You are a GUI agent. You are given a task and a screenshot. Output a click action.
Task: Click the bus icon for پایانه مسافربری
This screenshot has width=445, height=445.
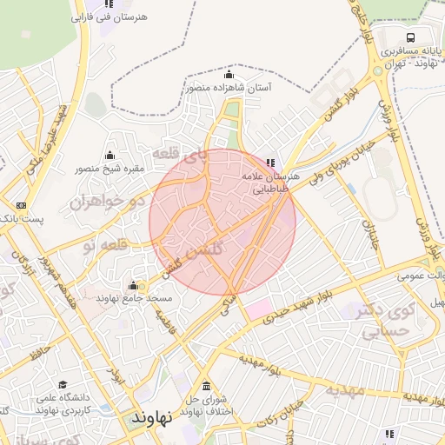[409, 37]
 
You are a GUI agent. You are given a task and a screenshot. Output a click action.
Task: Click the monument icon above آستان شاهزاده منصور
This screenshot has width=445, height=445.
[229, 74]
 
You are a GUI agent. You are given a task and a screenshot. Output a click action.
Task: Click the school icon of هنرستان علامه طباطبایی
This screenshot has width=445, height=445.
[270, 162]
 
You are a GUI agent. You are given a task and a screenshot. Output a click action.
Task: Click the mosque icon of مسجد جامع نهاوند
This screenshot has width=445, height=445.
[133, 285]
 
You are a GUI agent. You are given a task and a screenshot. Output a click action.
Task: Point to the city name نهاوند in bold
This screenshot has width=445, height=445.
[153, 417]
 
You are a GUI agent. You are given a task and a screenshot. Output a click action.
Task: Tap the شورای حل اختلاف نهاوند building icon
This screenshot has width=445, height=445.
[205, 386]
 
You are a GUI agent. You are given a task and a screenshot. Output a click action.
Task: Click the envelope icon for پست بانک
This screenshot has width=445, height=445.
[21, 206]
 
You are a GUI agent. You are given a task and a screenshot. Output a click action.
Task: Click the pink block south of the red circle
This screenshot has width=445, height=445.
[258, 307]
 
